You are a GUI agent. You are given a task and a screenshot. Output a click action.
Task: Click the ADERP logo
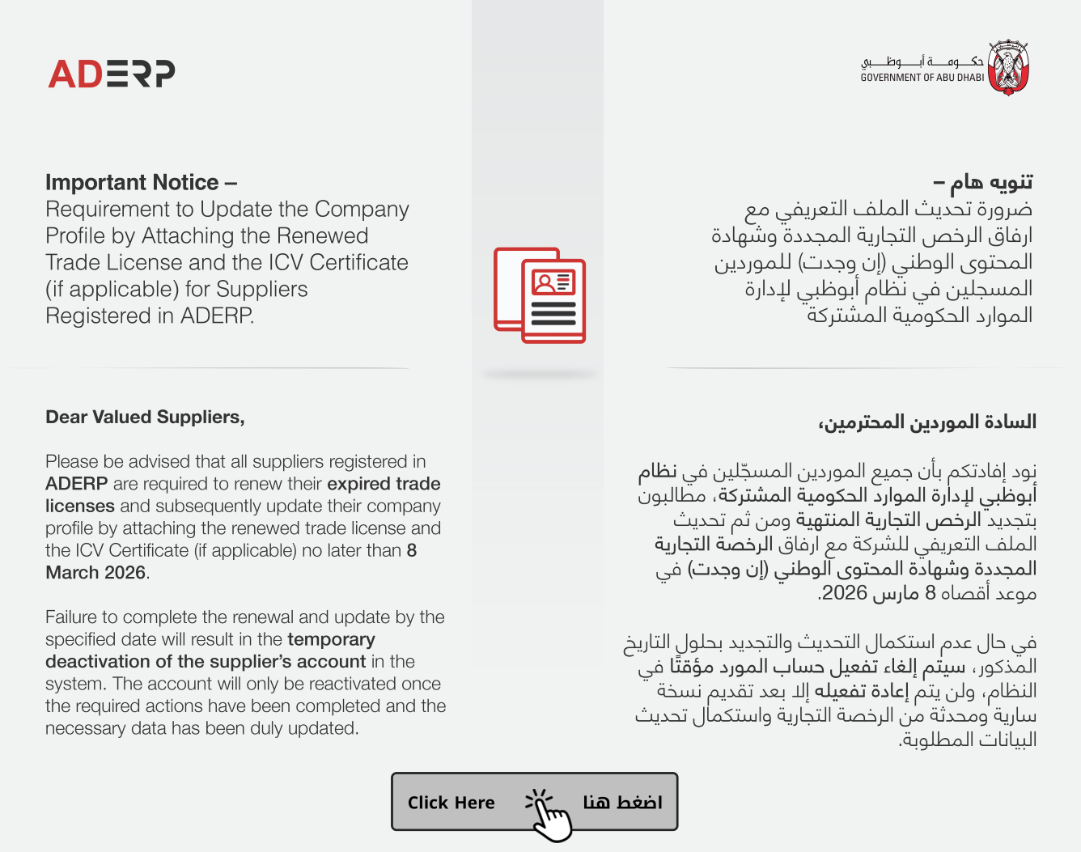(112, 74)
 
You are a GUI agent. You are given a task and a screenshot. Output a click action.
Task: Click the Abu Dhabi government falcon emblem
(1008, 68)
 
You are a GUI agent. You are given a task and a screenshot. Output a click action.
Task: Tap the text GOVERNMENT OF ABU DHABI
(922, 78)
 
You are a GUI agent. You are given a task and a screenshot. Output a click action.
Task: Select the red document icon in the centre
(540, 296)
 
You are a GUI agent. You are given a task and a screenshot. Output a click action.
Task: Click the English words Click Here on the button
(451, 803)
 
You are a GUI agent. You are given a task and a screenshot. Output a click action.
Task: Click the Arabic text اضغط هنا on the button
(622, 802)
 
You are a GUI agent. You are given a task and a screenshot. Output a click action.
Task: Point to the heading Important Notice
(132, 183)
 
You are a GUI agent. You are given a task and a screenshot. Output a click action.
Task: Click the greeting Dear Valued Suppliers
(145, 418)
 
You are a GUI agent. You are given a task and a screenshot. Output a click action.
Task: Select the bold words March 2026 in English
(95, 573)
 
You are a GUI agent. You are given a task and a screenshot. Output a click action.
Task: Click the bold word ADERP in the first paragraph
(76, 484)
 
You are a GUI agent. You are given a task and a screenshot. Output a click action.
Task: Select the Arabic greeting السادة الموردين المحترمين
(927, 422)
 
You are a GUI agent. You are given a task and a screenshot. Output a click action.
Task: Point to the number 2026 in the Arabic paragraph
(845, 593)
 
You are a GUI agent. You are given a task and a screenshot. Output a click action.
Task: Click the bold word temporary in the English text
(331, 640)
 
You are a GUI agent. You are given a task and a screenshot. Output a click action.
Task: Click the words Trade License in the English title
(113, 263)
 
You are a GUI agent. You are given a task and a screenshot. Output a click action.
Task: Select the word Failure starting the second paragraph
(75, 617)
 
